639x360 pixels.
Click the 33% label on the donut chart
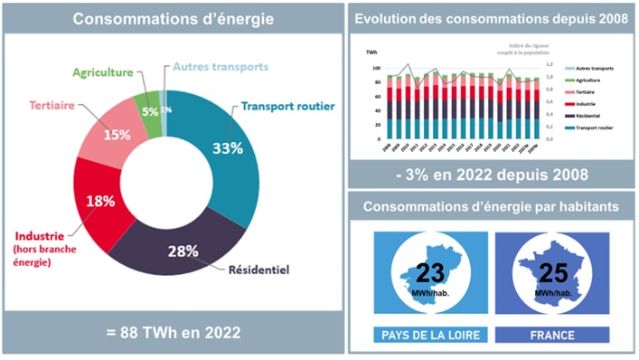[x=226, y=148]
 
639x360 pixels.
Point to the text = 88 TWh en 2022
[x=174, y=333]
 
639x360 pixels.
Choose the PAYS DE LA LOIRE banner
[x=430, y=335]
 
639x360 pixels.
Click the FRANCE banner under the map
[x=551, y=335]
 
